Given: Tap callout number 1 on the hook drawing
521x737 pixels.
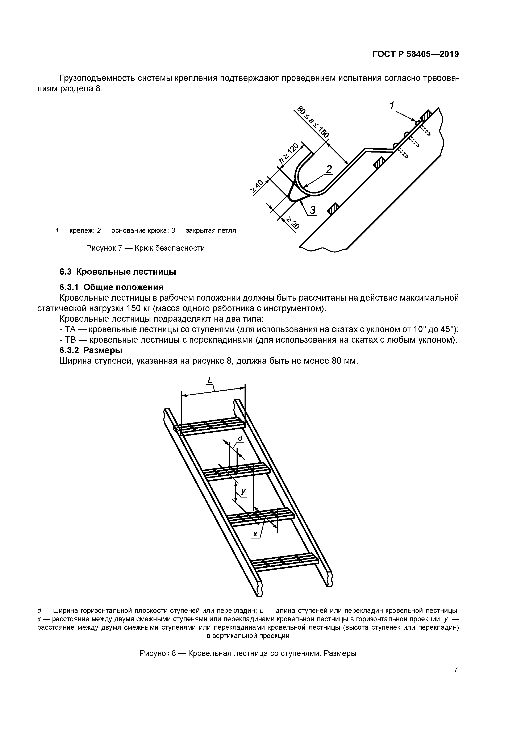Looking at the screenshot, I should (392, 105).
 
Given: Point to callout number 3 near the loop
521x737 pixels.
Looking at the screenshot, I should (312, 210).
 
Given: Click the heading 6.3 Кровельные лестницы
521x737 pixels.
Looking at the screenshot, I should (118, 272).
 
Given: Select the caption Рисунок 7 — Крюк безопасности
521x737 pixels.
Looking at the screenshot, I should (145, 248).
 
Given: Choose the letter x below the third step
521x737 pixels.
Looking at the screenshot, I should (255, 534).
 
